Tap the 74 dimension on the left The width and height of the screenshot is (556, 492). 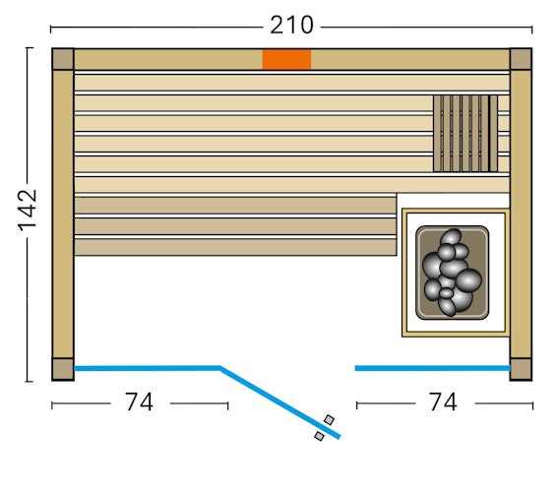click(139, 402)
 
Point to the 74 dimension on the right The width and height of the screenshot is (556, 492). click(443, 402)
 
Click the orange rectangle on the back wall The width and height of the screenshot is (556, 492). click(286, 59)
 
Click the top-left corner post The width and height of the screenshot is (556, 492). click(63, 59)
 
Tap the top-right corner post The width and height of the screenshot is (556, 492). click(521, 59)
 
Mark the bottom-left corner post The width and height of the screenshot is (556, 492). click(63, 369)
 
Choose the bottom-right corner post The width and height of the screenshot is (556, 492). click(521, 369)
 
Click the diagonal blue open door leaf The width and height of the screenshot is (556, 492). click(278, 401)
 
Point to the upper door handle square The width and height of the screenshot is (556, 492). click(329, 420)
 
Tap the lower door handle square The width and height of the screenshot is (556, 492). click(319, 436)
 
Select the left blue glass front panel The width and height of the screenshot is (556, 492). click(148, 368)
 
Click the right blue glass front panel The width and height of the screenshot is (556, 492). click(432, 368)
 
